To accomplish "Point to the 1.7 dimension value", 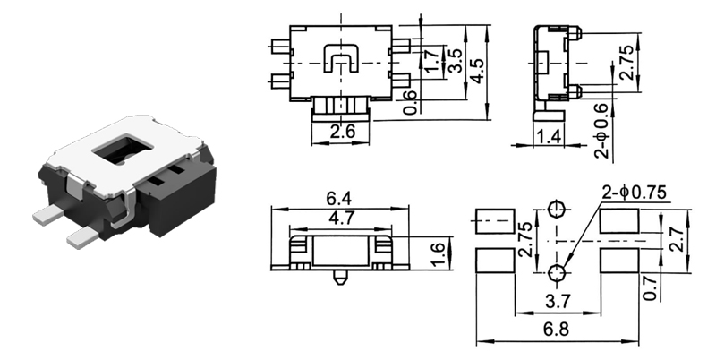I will (x=433, y=61).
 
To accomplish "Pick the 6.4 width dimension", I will (x=339, y=198).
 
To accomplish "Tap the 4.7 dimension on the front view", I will (x=339, y=218).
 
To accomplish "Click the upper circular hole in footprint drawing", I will (x=557, y=210).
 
